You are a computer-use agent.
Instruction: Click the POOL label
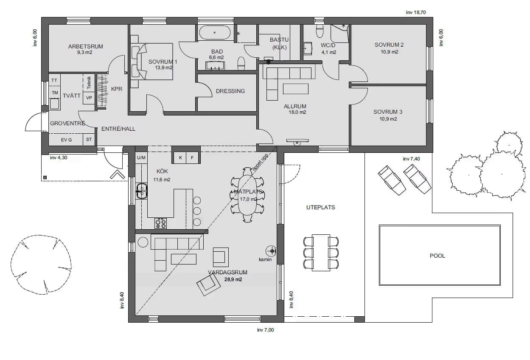coord(437,256)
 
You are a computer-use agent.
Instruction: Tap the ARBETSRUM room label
coord(85,47)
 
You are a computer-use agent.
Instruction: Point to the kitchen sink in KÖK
coord(141,191)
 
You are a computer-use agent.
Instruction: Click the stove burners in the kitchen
coord(160,223)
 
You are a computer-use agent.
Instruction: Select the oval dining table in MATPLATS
coord(247,195)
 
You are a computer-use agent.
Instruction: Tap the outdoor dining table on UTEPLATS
coord(321,252)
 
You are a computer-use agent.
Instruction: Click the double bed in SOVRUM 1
coord(153,62)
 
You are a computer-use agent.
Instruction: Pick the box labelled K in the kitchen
coord(180,158)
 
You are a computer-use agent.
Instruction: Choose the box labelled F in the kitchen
coord(192,158)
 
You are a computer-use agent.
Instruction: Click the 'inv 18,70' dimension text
coord(415,12)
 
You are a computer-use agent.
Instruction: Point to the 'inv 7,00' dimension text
coord(266,330)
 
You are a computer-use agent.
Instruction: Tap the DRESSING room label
coord(230,91)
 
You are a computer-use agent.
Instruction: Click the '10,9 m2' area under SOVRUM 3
coord(388,119)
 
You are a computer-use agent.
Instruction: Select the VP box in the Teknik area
coord(89,98)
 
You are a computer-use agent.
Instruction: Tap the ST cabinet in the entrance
coord(89,139)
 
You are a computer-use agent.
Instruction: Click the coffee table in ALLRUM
coord(295,88)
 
